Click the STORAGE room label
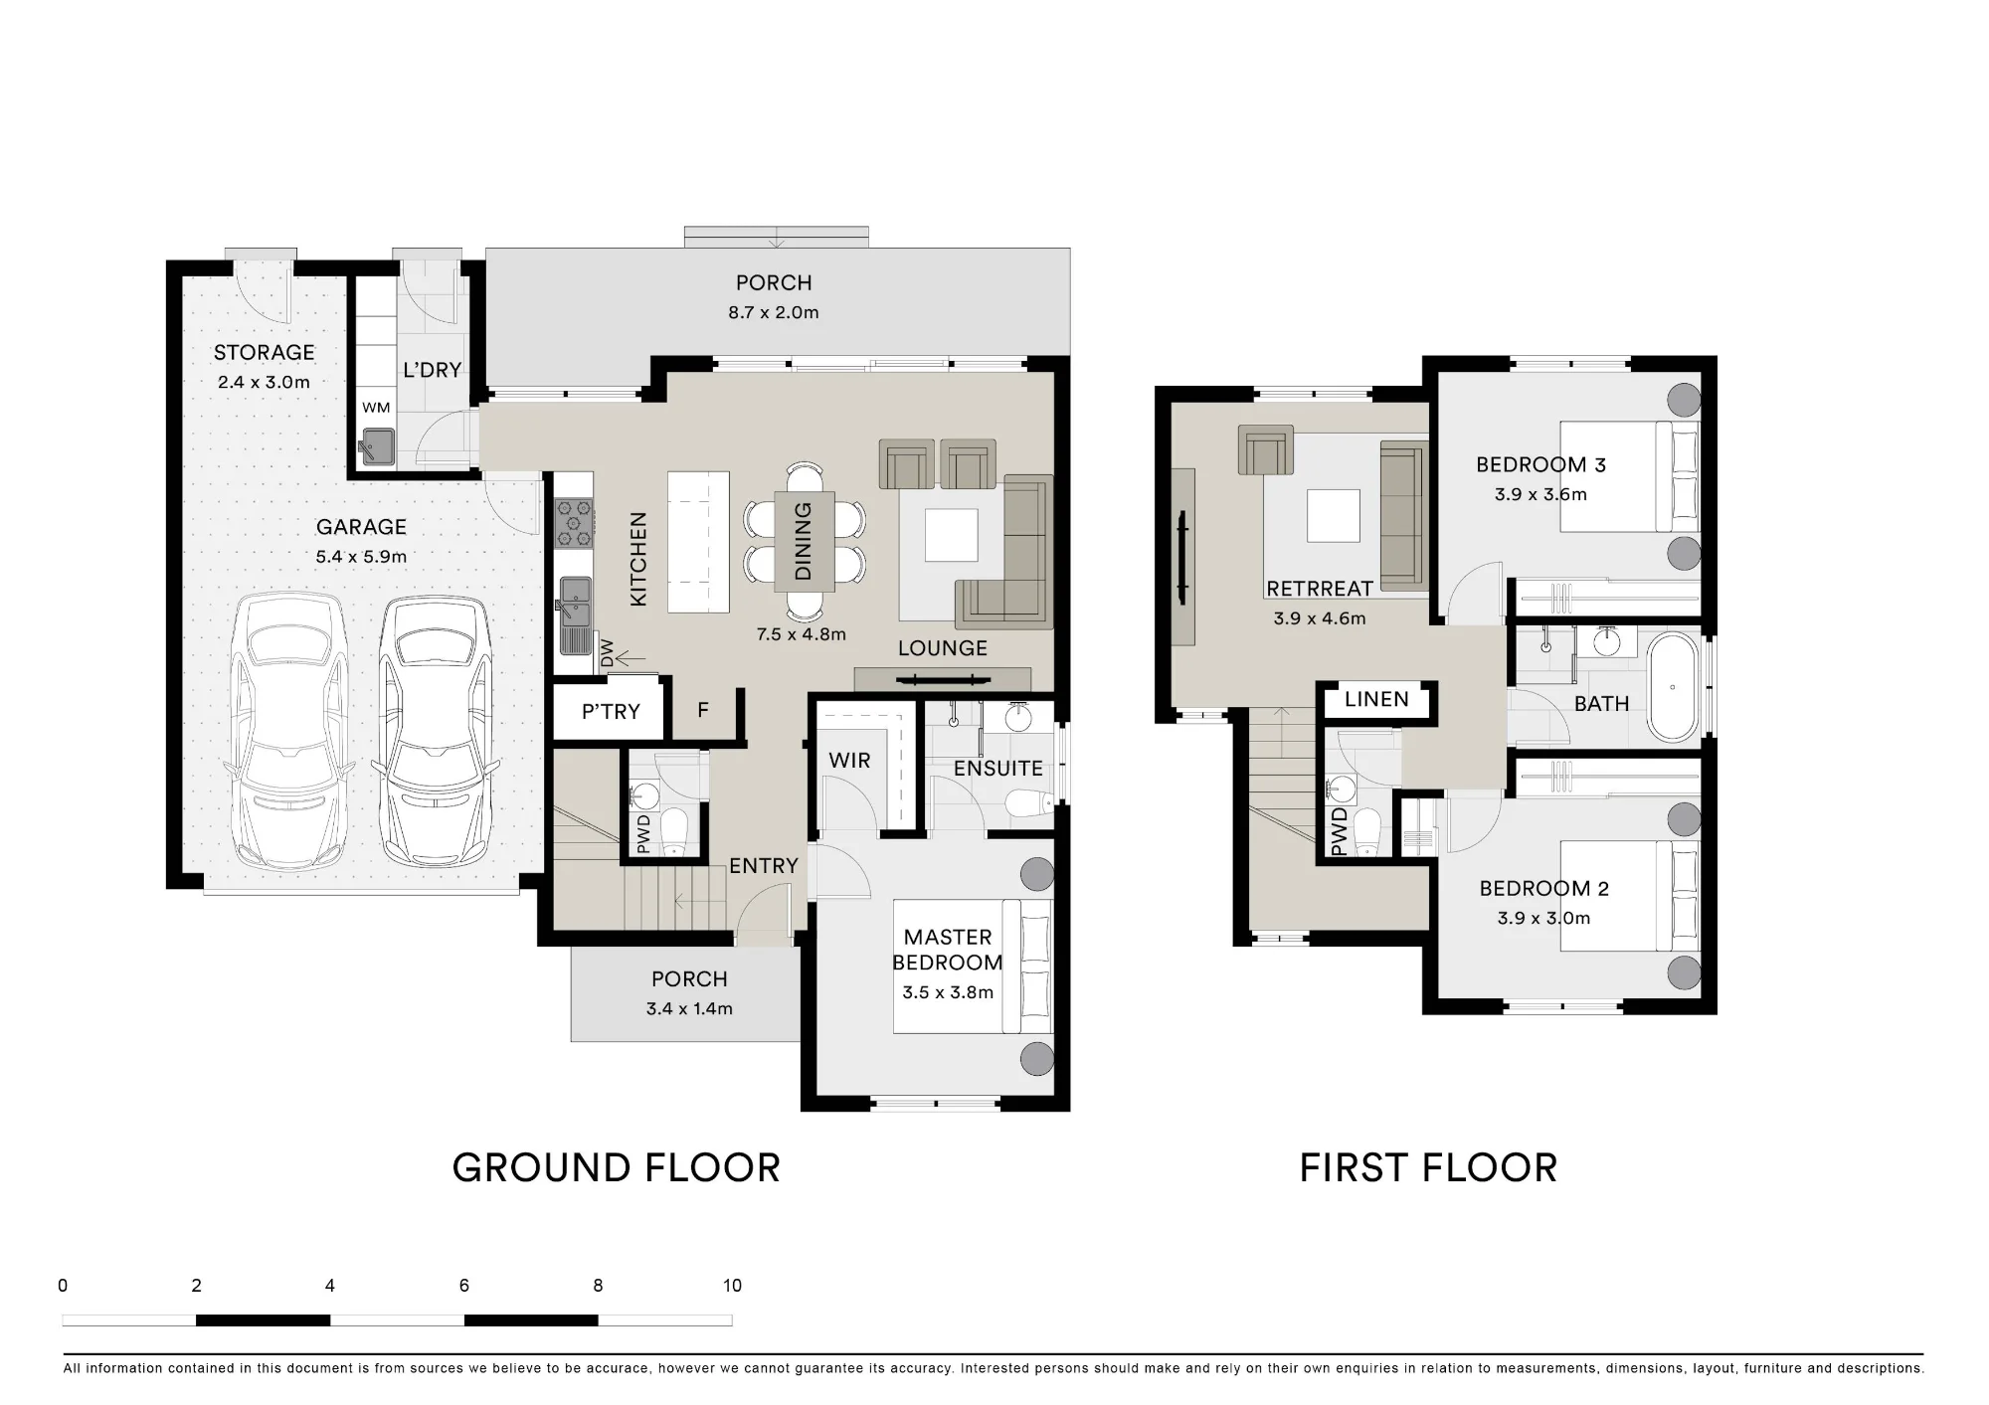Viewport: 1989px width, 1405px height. (x=264, y=352)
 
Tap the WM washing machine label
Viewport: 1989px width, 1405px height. (x=376, y=408)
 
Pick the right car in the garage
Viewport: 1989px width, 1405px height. (x=436, y=731)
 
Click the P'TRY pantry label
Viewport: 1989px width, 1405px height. (x=611, y=712)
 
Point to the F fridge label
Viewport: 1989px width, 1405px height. (x=703, y=710)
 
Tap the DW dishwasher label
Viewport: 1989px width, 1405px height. (x=607, y=653)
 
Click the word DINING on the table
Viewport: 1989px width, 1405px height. (x=804, y=541)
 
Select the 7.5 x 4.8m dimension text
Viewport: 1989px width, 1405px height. (x=801, y=634)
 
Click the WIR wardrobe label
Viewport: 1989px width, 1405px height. (x=849, y=761)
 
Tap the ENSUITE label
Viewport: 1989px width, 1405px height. (x=997, y=769)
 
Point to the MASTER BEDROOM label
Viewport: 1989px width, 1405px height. (x=948, y=950)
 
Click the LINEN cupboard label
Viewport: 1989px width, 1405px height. (x=1376, y=699)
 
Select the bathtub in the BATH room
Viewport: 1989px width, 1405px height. (x=1673, y=687)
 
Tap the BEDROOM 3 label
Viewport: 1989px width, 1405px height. (x=1540, y=464)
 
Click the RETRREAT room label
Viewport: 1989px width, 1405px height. (x=1320, y=589)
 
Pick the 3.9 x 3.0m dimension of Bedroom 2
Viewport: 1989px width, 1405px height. (x=1543, y=918)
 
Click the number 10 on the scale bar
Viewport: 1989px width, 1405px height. (x=732, y=1286)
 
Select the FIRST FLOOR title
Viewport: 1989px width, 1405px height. (x=1428, y=1168)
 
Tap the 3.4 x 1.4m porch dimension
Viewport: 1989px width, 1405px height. (x=689, y=1008)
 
